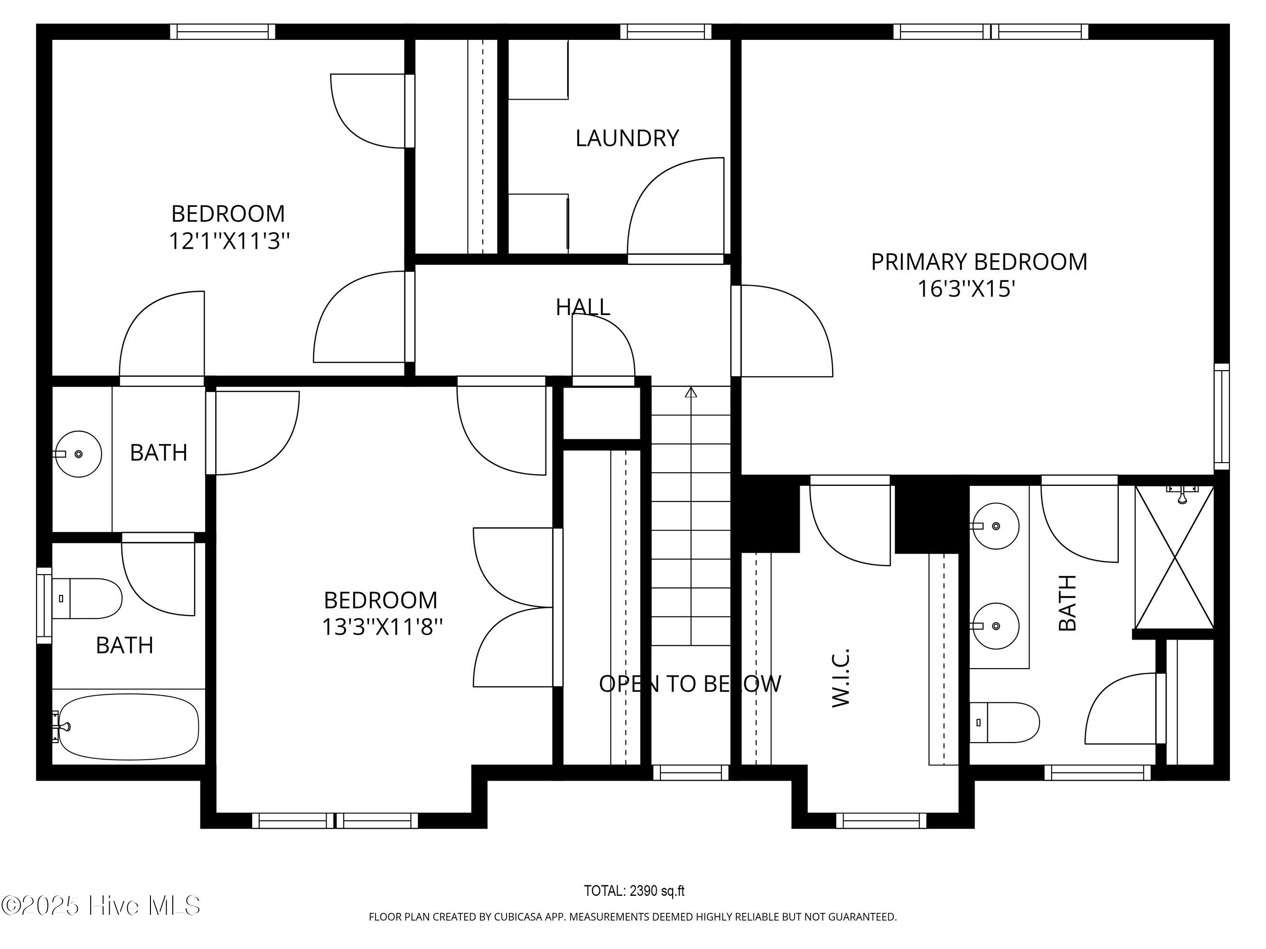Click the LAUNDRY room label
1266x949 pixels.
coord(627,139)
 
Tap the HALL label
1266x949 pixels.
coord(582,307)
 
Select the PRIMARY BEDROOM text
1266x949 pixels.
coord(979,262)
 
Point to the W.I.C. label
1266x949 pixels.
coord(840,678)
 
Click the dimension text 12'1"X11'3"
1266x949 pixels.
coord(229,241)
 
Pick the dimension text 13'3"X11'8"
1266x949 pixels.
coord(382,627)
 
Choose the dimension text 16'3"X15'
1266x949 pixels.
coord(966,289)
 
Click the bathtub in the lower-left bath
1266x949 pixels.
coord(128,727)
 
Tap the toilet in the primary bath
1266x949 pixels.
coord(1004,723)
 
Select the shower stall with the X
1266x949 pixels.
coord(1174,557)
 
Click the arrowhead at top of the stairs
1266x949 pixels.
coord(691,392)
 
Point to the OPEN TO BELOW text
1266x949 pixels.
coord(690,684)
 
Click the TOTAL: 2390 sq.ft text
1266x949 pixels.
coord(634,891)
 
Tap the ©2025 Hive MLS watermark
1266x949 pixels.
coord(101,905)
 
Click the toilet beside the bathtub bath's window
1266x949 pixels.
coord(87,598)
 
